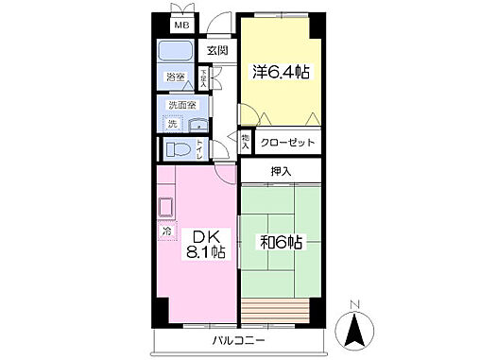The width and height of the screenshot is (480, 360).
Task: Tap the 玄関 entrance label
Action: [217, 51]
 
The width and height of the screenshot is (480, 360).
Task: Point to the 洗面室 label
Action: [180, 105]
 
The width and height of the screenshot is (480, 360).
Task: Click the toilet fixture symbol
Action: [178, 149]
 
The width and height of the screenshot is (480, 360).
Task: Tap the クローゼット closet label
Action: [287, 143]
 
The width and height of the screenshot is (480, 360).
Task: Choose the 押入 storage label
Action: [281, 171]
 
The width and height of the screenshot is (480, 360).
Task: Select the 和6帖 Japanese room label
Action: [280, 242]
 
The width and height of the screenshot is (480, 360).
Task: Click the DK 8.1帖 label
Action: [202, 243]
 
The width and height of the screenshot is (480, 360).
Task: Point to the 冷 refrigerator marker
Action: [166, 230]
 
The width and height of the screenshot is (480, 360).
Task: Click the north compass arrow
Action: [354, 330]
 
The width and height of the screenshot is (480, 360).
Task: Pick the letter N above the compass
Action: [354, 303]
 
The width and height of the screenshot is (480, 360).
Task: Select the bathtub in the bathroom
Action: [174, 52]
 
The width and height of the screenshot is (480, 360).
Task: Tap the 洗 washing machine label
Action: [172, 124]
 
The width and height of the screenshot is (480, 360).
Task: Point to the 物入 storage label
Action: [246, 142]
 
